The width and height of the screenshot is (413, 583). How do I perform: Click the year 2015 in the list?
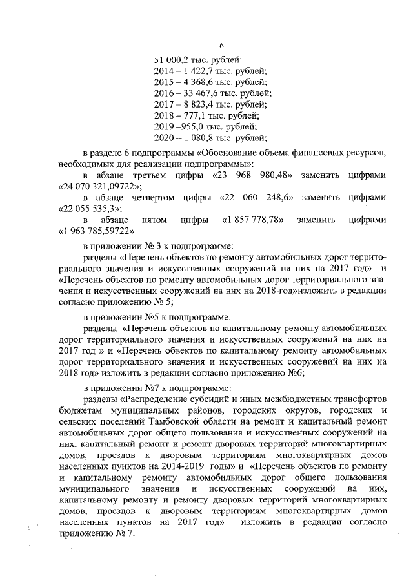pos(166,82)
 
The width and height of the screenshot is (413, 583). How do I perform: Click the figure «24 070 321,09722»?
pos(97,186)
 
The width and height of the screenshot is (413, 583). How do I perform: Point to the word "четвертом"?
pos(156,197)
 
